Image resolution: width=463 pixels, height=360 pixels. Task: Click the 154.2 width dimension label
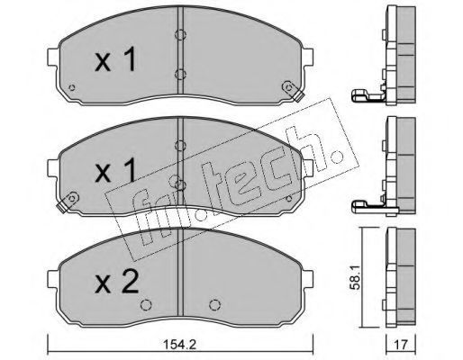[180, 345]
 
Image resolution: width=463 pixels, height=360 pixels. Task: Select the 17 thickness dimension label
[401, 345]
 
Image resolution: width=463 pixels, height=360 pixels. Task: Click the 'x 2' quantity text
[116, 282]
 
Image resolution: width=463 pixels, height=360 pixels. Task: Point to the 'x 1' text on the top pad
[115, 60]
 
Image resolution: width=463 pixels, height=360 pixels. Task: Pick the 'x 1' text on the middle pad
[115, 171]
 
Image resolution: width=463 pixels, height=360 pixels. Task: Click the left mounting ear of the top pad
[53, 56]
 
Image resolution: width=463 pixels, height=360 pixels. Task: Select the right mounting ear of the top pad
[307, 56]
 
